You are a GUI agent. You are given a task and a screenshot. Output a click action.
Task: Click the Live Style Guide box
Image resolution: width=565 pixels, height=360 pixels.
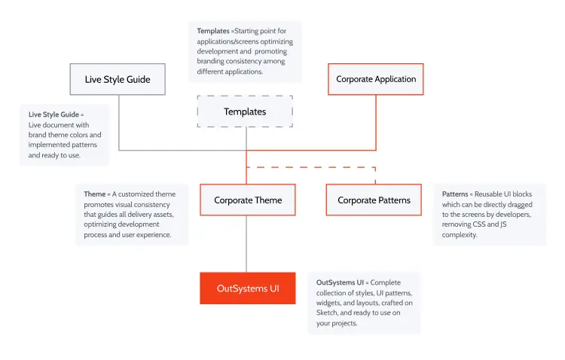point(118,79)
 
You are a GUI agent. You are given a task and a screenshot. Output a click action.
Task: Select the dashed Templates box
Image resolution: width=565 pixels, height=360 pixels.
point(245,111)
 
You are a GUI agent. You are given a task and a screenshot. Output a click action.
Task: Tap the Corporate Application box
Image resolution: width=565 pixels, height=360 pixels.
point(376,79)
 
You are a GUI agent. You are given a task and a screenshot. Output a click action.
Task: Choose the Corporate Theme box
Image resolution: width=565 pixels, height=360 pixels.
point(248,200)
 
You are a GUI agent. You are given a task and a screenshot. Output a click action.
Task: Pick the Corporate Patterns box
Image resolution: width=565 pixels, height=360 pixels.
point(374,200)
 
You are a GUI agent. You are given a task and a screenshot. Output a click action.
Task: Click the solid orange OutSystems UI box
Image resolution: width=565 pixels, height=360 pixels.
point(248,288)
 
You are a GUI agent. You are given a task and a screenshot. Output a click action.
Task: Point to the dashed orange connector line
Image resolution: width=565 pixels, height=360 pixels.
point(311,167)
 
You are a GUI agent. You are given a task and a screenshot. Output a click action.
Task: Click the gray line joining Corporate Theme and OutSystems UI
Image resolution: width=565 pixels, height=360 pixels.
point(246,244)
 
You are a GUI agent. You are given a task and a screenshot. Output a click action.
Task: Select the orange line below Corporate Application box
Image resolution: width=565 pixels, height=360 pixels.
point(376,123)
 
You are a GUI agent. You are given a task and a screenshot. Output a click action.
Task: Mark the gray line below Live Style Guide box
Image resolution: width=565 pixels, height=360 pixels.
point(119,123)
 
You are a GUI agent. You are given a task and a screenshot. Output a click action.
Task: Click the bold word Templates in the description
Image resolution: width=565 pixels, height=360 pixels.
point(213,31)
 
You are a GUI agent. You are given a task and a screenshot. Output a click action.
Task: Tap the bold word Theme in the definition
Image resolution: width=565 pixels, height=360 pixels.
point(95,194)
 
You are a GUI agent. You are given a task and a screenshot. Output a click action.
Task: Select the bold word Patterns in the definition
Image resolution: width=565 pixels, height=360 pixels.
point(455,194)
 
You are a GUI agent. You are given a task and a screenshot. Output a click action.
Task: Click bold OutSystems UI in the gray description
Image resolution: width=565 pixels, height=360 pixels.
point(341,282)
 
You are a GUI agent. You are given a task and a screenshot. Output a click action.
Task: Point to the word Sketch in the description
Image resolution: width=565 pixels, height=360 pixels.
point(326,313)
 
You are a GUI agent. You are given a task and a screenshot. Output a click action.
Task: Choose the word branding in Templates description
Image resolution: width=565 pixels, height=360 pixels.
point(210,61)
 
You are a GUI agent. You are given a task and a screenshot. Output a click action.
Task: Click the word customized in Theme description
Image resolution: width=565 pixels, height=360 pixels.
point(136,194)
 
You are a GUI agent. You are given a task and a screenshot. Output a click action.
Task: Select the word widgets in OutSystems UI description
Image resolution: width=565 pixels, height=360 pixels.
point(327,303)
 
